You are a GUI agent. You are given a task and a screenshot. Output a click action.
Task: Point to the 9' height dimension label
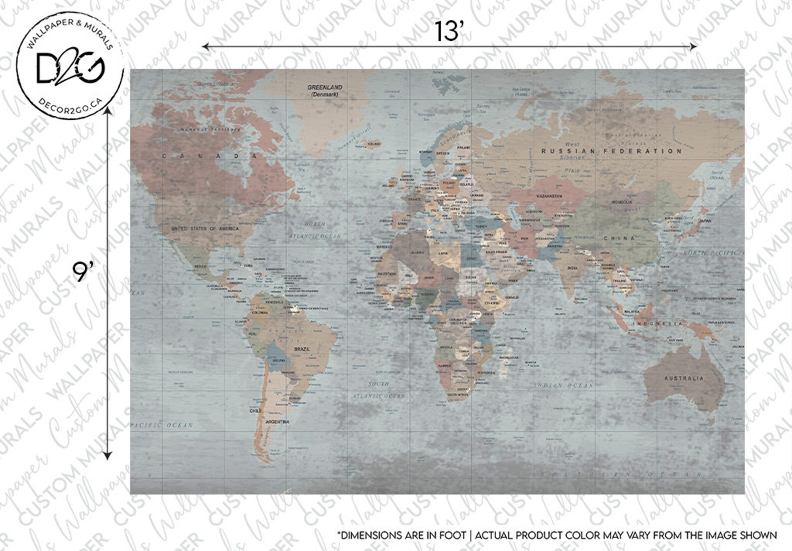[83, 272]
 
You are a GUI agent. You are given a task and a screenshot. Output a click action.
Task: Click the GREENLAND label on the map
[325, 87]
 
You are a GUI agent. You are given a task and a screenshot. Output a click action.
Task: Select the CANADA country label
[209, 156]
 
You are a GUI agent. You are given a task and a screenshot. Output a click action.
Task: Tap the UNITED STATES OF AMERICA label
[204, 229]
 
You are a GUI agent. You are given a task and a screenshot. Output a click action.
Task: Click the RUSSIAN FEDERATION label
[611, 151]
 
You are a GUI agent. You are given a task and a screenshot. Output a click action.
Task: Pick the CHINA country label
[619, 239]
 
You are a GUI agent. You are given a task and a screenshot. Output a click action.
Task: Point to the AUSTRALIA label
[684, 378]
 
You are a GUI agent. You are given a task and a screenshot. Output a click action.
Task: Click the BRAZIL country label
[301, 349]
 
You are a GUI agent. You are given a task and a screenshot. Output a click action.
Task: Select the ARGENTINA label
[277, 422]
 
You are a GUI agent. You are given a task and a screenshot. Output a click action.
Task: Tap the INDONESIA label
[657, 324]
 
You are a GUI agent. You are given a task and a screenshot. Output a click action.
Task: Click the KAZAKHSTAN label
[549, 196]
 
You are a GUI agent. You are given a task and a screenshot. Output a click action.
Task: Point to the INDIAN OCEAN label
[564, 385]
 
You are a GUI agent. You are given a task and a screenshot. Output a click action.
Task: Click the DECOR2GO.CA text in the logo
[70, 106]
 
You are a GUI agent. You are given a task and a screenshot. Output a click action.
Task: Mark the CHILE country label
[255, 411]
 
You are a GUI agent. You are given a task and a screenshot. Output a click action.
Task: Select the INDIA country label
[572, 268]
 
